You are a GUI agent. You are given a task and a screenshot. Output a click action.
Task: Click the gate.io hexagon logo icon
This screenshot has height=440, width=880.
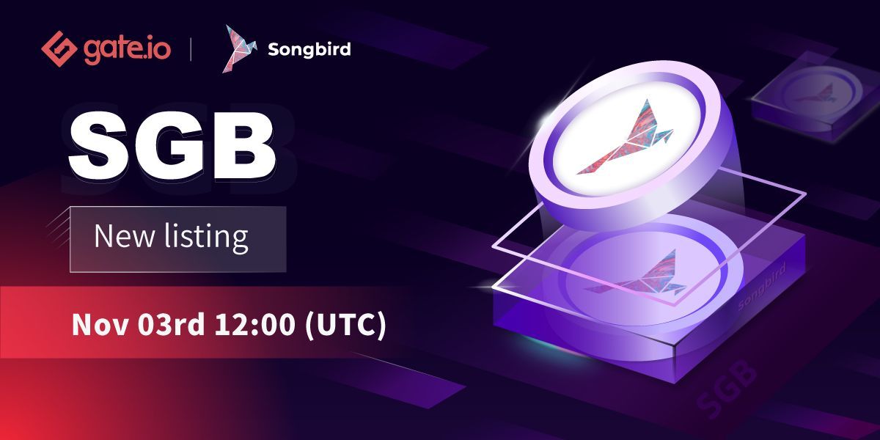59,50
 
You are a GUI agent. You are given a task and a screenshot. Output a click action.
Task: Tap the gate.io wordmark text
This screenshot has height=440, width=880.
127,50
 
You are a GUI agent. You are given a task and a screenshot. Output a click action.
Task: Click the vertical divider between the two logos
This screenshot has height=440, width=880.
191,50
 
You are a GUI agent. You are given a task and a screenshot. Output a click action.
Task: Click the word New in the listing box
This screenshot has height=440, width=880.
122,238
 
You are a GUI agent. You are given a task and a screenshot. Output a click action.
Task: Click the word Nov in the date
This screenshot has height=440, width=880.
95,325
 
